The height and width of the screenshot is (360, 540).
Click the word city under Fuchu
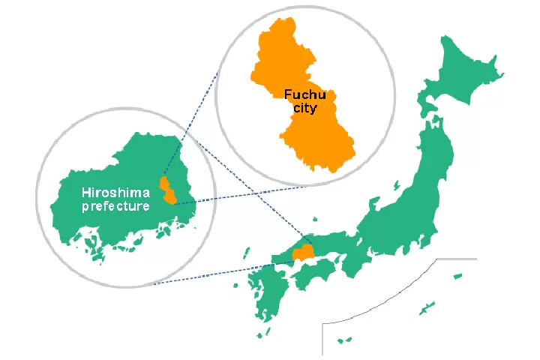pyautogui.click(x=304, y=108)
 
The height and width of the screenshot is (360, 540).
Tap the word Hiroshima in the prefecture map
pyautogui.click(x=115, y=192)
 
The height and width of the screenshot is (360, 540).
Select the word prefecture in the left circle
pyautogui.click(x=115, y=205)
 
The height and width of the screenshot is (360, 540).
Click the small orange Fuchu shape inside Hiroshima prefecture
pyautogui.click(x=168, y=191)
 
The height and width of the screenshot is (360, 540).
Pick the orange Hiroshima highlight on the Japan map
pyautogui.click(x=303, y=253)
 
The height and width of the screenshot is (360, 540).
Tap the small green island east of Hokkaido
pyautogui.click(x=496, y=76)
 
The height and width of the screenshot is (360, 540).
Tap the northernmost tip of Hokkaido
pyautogui.click(x=447, y=36)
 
